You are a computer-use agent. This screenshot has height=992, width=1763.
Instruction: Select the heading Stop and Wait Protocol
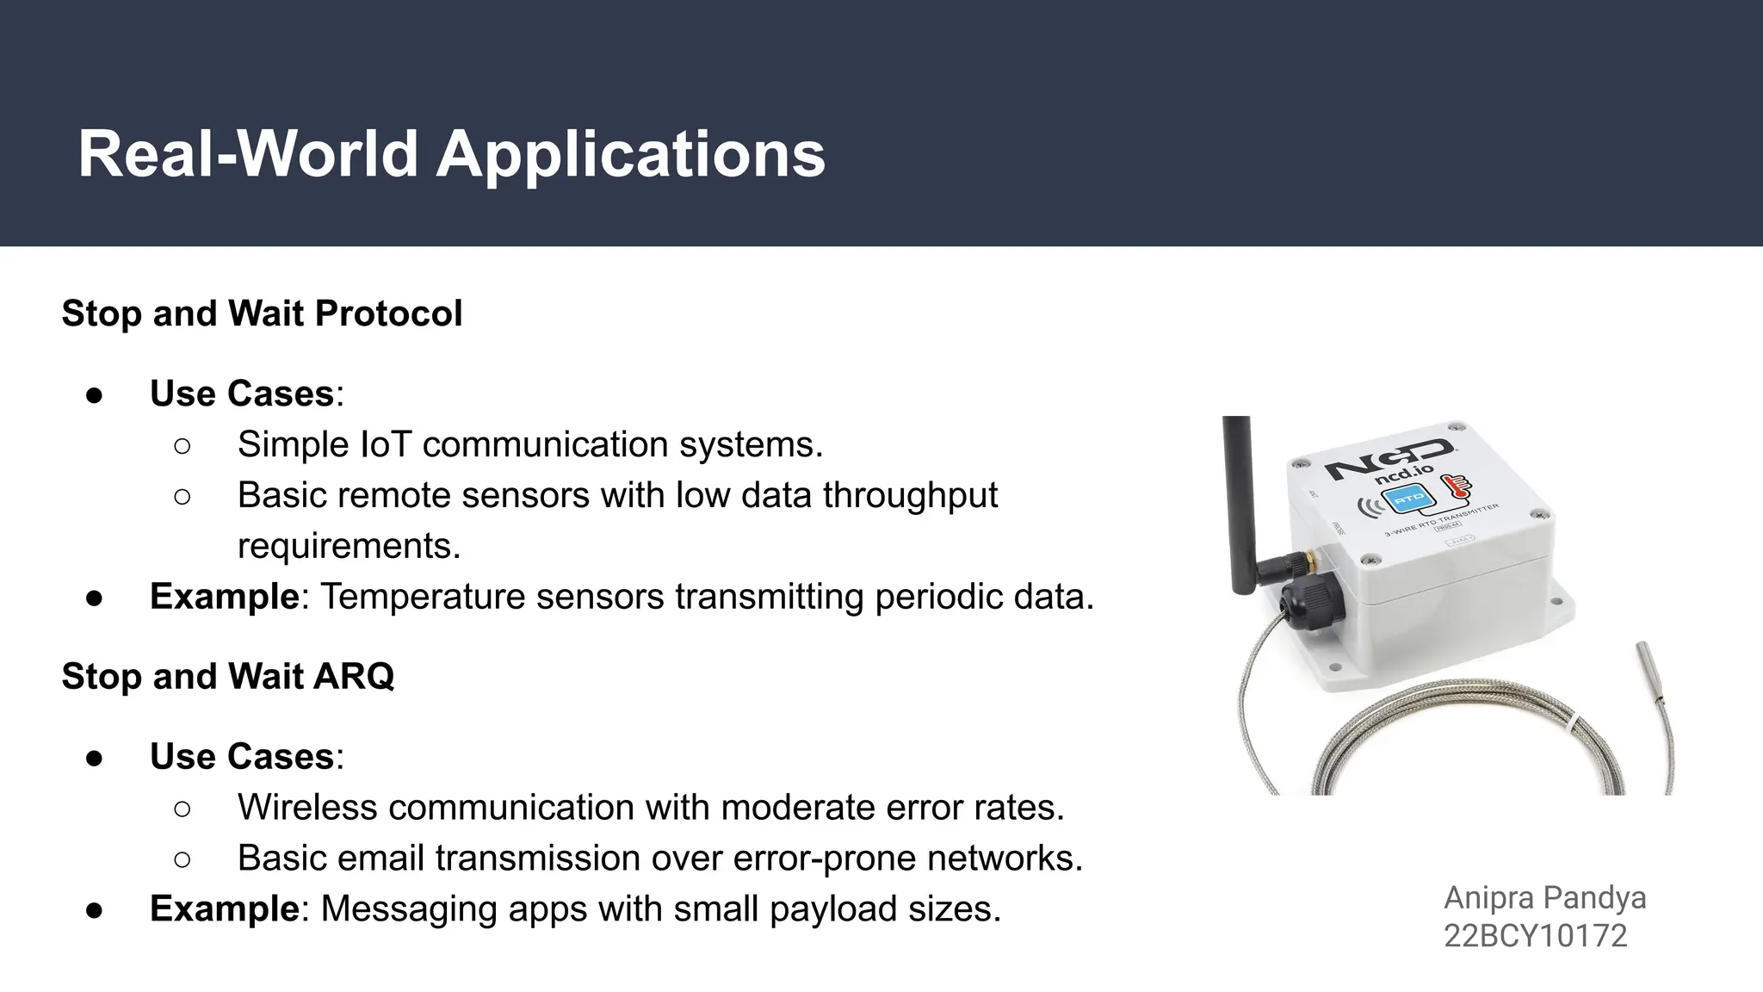click(262, 313)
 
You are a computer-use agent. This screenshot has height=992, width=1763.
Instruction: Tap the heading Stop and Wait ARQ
click(228, 677)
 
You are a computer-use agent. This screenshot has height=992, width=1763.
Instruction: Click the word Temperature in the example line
click(423, 597)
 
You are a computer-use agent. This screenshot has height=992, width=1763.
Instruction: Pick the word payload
click(823, 909)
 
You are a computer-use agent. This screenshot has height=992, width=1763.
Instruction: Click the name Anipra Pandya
click(1544, 898)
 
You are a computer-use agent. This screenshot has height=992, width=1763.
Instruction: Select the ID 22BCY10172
click(1535, 936)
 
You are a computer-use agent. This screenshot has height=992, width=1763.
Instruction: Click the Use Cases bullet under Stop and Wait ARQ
click(242, 757)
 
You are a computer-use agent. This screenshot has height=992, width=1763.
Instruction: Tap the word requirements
click(349, 546)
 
